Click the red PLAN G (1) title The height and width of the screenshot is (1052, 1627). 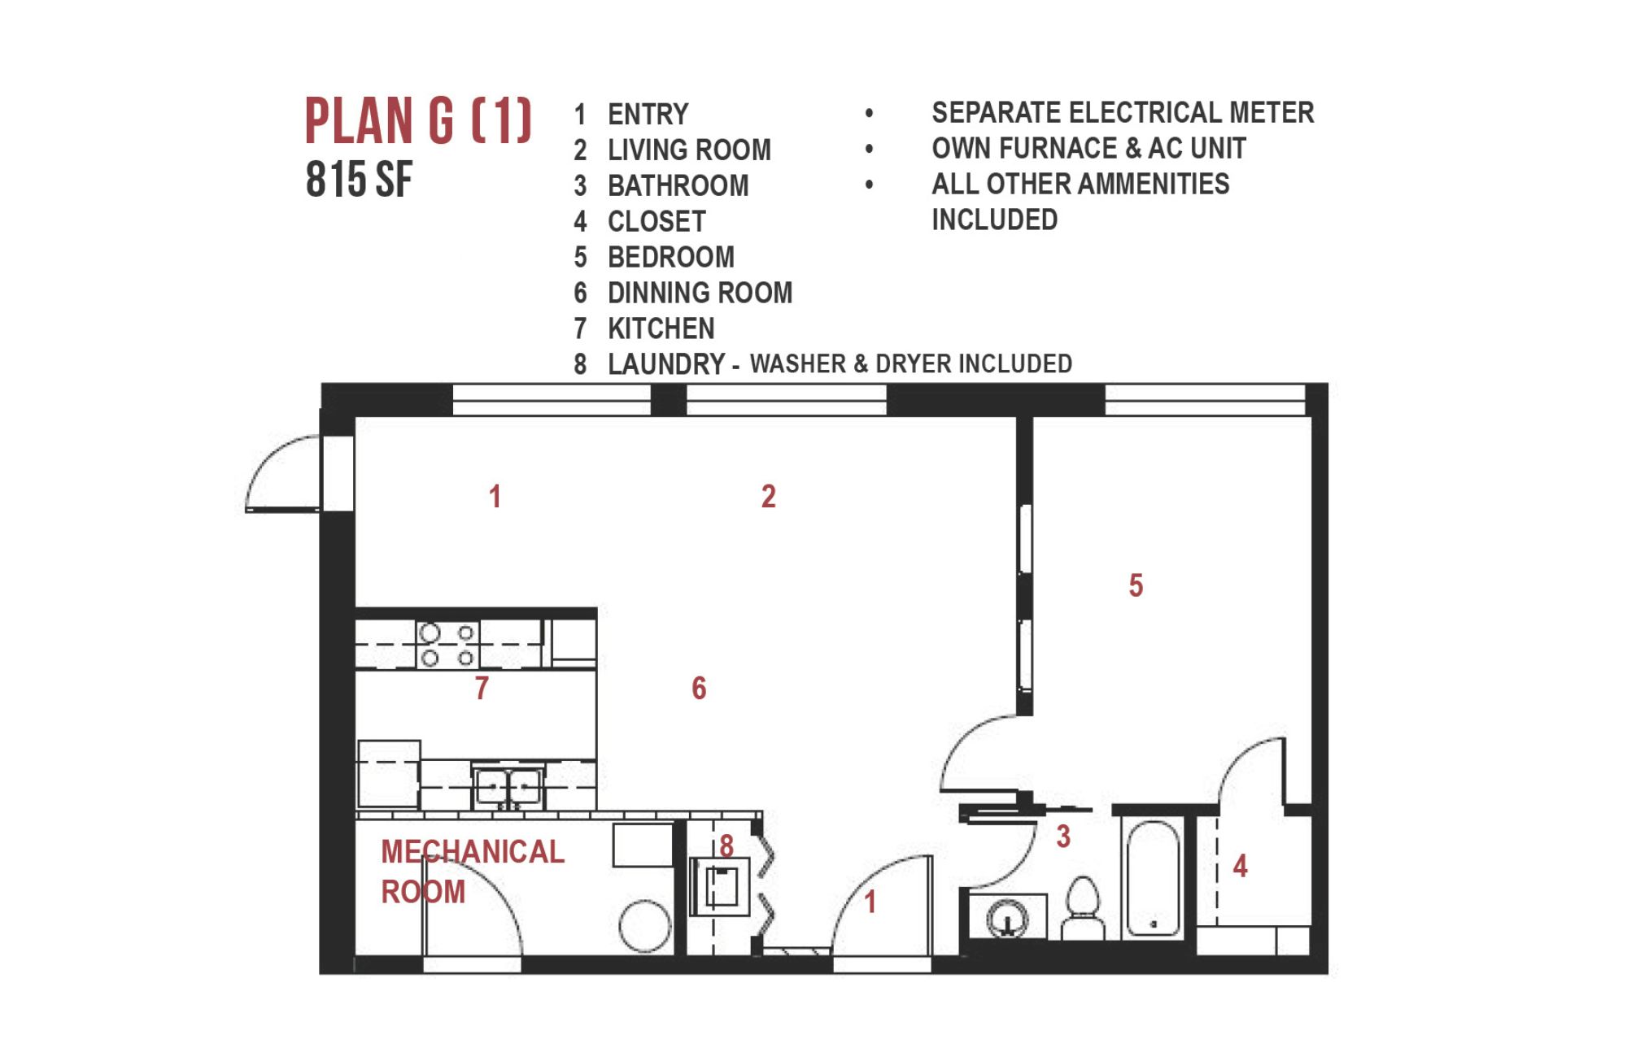(418, 120)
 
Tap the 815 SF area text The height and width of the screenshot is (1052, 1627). (359, 180)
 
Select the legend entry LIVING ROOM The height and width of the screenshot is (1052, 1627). (689, 150)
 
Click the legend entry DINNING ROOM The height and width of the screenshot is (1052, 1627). (700, 293)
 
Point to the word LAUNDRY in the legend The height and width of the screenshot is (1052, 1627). (666, 364)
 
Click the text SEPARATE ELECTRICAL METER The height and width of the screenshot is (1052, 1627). (1123, 112)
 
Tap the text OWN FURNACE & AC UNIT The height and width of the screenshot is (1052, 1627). (1088, 148)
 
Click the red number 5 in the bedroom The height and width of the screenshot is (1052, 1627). (1136, 585)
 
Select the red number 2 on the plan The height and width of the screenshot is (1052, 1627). (769, 496)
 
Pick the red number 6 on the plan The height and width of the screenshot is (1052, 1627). (699, 688)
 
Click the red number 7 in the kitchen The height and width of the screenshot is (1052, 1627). (482, 688)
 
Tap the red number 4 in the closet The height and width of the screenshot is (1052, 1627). (1240, 866)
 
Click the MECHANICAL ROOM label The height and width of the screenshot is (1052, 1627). (473, 872)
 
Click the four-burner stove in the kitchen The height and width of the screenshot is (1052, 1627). (447, 645)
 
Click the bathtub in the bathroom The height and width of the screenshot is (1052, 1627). (1153, 878)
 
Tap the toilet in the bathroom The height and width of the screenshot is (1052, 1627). (1083, 909)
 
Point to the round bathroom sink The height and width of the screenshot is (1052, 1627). (1007, 919)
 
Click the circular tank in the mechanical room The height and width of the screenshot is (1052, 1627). (644, 926)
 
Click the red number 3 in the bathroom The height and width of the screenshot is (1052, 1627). (1063, 837)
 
